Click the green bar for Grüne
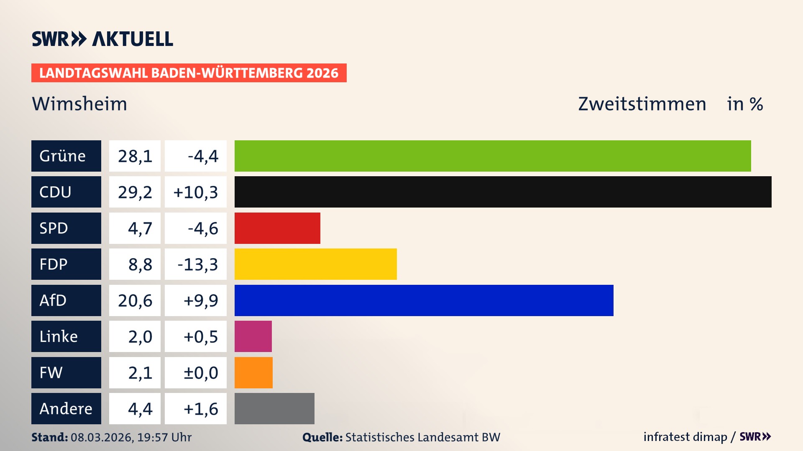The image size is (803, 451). (493, 156)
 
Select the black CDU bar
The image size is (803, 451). (503, 192)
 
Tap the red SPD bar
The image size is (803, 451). (277, 228)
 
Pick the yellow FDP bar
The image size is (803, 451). (315, 264)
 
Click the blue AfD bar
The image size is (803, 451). (424, 300)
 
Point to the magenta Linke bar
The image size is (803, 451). (253, 337)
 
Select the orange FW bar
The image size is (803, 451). (253, 372)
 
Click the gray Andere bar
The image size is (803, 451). (274, 408)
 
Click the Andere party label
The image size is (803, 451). (66, 408)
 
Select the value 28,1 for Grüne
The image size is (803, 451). (135, 156)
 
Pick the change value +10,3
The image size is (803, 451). (195, 192)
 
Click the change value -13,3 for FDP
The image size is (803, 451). (197, 264)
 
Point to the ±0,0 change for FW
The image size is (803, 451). (200, 372)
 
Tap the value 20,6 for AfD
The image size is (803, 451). (135, 300)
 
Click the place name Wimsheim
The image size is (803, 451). (79, 104)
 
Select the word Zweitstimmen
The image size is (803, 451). (642, 104)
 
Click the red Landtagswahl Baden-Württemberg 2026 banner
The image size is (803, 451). (189, 73)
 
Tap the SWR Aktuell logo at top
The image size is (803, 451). (102, 39)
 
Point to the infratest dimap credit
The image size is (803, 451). (685, 437)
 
